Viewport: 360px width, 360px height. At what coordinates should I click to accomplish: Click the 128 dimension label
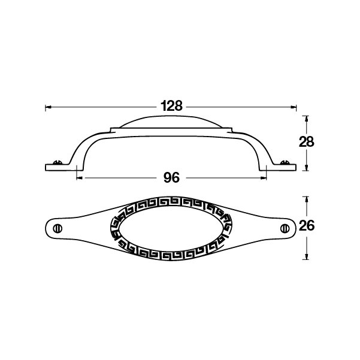pos(171,106)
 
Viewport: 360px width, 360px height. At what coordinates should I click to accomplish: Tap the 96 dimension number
pos(171,177)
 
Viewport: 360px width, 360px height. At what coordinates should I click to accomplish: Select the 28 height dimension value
pos(307,141)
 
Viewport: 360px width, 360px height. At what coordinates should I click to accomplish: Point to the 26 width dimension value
pos(307,226)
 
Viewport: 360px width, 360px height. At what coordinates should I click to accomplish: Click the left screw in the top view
pos(58,229)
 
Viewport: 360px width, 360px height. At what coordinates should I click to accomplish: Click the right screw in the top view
pos(285,228)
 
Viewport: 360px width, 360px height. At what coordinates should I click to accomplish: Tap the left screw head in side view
pos(58,162)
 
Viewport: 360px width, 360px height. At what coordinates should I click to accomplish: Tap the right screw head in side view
pos(285,162)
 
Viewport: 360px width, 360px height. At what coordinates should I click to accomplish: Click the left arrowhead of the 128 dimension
pos(48,107)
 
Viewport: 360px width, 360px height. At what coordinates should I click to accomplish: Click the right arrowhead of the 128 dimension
pos(294,107)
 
